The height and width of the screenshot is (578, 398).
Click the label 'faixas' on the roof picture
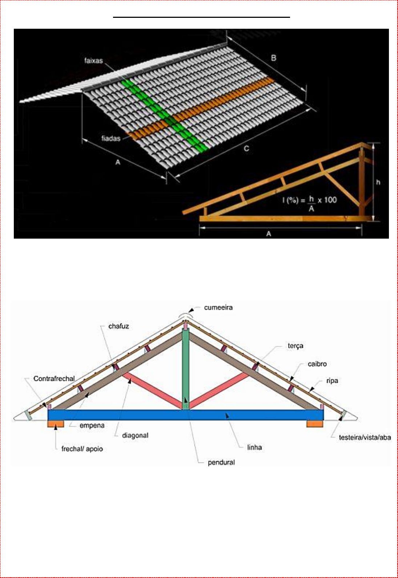[93, 61]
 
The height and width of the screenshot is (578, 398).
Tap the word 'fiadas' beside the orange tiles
[110, 138]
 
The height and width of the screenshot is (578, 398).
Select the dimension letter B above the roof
[273, 58]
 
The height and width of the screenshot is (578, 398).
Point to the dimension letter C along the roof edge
[246, 148]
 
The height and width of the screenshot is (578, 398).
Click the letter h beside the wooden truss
[378, 182]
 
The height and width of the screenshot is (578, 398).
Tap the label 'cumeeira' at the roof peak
[218, 308]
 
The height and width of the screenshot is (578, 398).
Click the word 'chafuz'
[118, 326]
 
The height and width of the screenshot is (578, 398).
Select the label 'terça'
[295, 346]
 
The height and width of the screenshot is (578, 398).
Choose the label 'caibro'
[317, 364]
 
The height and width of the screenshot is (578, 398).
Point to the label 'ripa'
[332, 381]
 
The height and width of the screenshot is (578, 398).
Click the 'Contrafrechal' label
[54, 379]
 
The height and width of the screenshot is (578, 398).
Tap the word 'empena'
[92, 426]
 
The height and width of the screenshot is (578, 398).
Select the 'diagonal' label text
[135, 435]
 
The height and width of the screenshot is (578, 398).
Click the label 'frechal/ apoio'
[82, 449]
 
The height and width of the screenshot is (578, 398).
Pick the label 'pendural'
[221, 462]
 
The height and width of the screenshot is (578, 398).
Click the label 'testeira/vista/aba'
[365, 438]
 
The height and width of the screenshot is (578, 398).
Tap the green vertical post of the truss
[185, 367]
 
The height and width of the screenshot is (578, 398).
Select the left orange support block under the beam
[56, 424]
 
